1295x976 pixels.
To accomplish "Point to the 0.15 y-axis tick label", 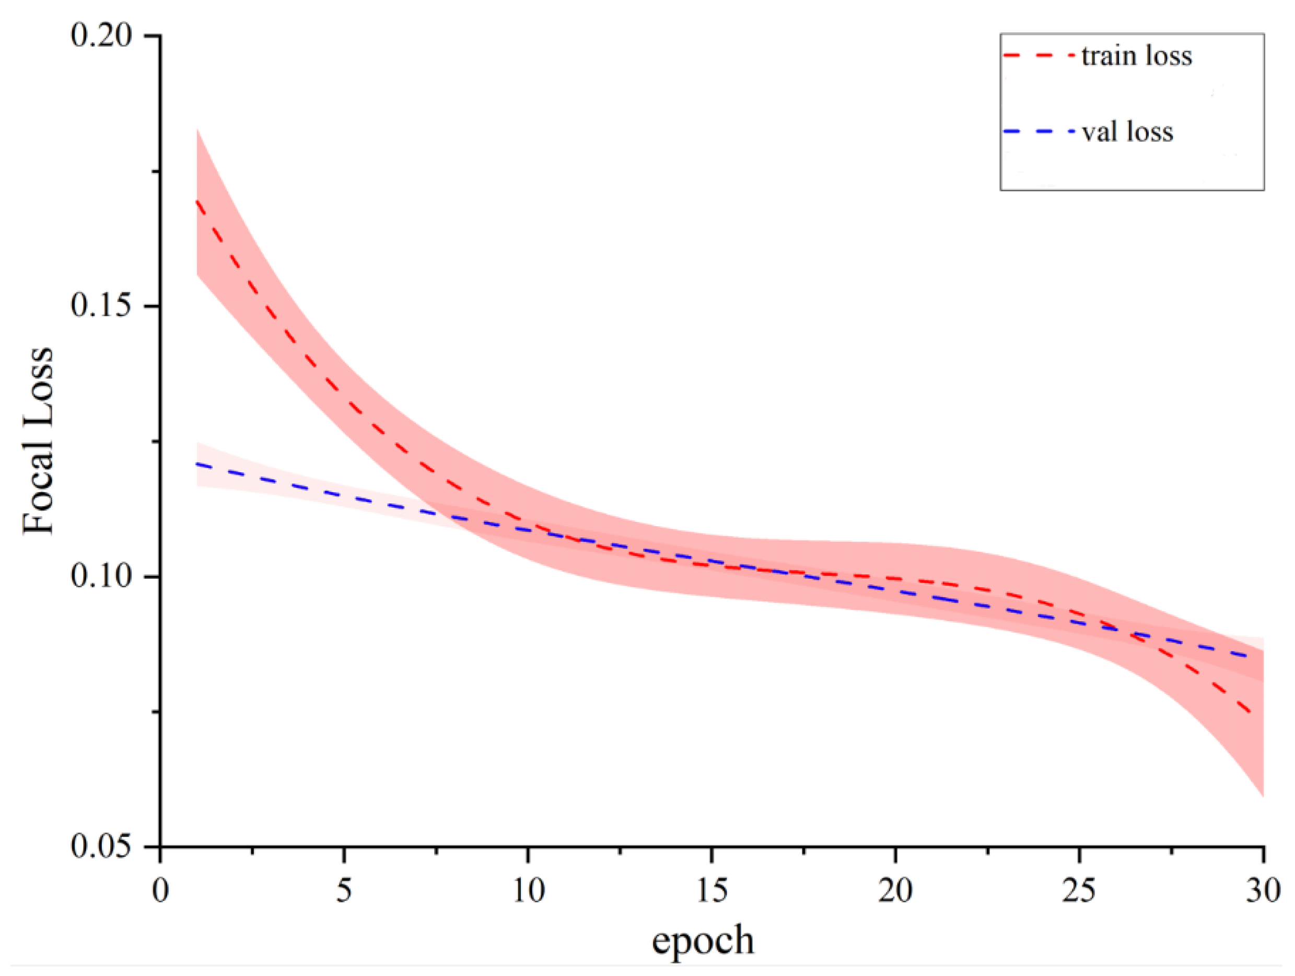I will pos(101,306).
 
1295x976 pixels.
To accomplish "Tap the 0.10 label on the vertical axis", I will pos(101,576).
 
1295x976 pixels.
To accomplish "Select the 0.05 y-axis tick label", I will pos(101,846).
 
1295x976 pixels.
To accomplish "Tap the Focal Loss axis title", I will pos(39,440).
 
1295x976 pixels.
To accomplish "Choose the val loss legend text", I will pos(1127,132).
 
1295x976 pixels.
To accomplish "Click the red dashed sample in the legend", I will pos(1039,55).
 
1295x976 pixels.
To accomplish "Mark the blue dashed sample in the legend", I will pos(1039,131).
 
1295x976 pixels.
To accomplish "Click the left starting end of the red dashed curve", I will pos(197,201).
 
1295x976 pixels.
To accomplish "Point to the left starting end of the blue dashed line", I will pos(197,463).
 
